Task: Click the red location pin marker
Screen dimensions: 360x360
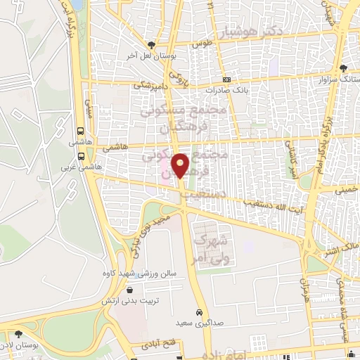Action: click(x=181, y=165)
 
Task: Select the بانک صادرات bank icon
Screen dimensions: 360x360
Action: click(x=226, y=80)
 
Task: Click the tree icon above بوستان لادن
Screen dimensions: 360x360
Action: click(x=19, y=334)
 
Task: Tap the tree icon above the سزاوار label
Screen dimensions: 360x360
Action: click(x=342, y=69)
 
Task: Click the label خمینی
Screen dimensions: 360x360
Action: click(x=345, y=189)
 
